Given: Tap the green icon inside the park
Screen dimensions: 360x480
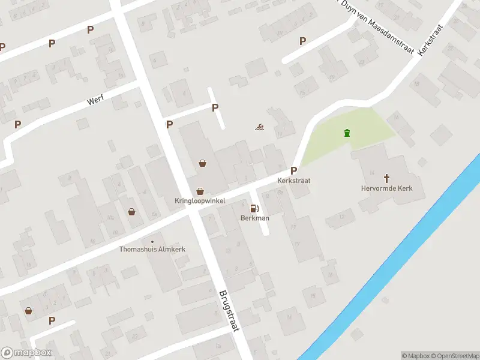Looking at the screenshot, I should tap(346, 133).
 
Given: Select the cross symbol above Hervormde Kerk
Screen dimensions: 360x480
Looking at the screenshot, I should tap(387, 178).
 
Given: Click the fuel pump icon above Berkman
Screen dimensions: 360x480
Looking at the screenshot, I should tap(254, 208).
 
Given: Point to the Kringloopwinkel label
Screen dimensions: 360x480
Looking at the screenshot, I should tap(200, 200).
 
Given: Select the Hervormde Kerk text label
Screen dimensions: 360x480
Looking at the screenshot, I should tap(387, 188).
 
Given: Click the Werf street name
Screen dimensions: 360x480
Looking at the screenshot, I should tap(95, 100).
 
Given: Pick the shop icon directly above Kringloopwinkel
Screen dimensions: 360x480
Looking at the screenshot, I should tap(200, 190).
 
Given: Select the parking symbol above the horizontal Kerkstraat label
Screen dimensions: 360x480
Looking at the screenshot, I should tap(294, 170).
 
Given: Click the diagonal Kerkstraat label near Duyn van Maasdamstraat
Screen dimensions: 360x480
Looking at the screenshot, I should tap(431, 41).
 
